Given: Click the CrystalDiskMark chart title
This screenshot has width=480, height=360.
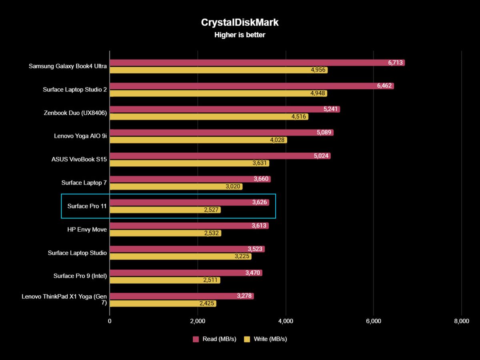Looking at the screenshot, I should (240, 22).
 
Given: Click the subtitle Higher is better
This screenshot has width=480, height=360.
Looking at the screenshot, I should (240, 35).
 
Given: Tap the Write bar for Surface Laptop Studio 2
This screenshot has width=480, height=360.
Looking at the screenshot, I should (218, 94).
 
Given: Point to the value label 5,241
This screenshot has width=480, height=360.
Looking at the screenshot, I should (331, 109).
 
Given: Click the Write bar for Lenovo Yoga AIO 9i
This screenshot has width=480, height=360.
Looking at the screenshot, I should (198, 140).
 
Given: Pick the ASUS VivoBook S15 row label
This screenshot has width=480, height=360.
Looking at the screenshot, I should (79, 159).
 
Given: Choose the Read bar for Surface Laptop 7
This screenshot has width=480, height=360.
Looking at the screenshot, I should (190, 179).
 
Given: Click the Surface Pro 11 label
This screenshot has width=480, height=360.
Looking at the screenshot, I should (87, 206).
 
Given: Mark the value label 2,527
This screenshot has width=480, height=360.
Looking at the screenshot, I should (212, 210).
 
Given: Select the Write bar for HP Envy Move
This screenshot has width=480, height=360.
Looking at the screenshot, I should (165, 233).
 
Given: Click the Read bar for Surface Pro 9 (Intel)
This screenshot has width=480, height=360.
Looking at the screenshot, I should (186, 273).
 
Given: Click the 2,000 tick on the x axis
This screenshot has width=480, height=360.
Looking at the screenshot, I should (198, 321).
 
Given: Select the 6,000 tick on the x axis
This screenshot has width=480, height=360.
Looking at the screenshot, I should (373, 321).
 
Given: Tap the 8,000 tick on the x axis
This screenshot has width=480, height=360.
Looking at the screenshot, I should (461, 321).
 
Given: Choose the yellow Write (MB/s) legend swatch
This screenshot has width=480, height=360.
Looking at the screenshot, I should (247, 339).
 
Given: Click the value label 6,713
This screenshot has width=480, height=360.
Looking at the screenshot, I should (395, 63).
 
